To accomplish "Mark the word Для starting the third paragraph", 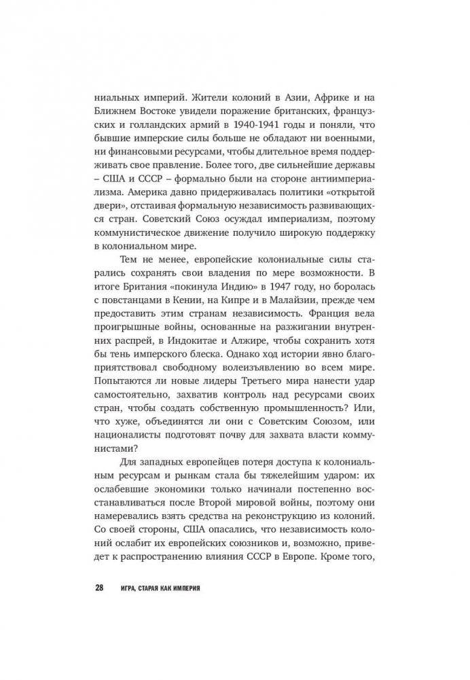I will tap(129, 463).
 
